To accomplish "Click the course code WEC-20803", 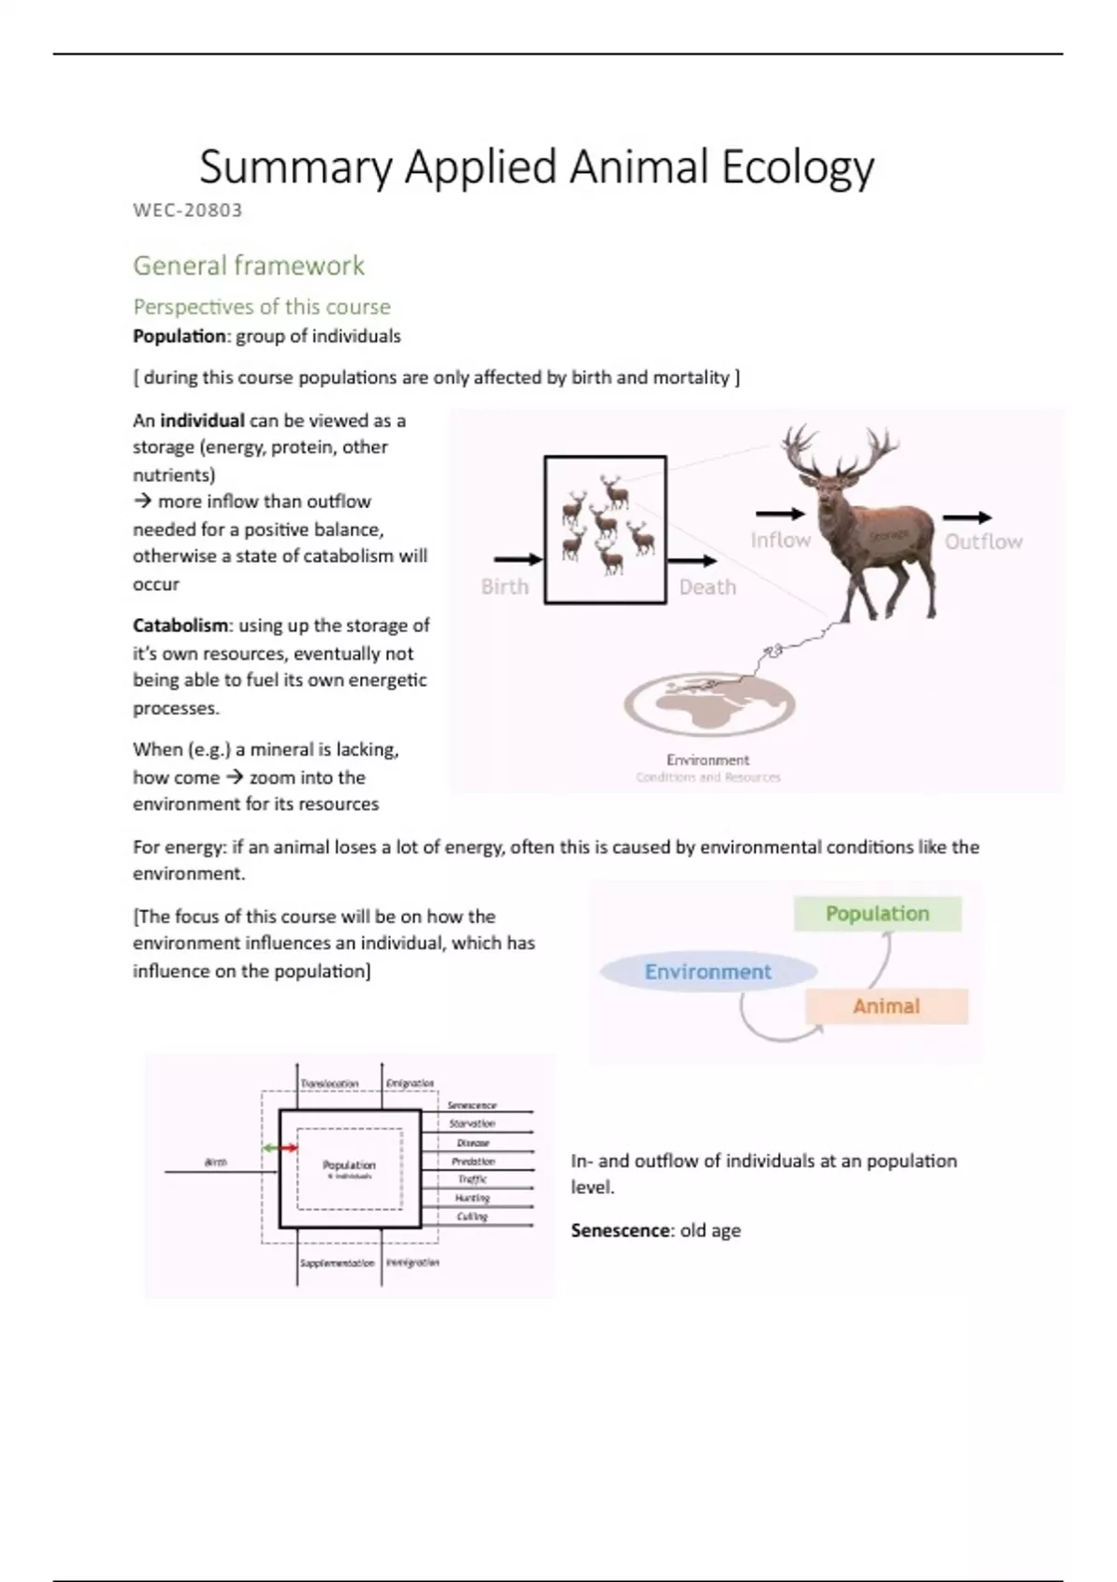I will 187,210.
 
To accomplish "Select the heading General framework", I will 249,265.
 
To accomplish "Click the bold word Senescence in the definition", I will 620,1230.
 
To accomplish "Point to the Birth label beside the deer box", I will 505,586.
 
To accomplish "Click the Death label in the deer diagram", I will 707,587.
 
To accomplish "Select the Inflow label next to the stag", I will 780,540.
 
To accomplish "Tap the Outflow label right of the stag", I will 983,542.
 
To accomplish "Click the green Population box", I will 877,914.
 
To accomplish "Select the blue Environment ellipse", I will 707,972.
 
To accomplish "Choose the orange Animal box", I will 886,1006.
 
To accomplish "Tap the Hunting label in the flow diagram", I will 472,1198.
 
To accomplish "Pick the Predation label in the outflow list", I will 473,1161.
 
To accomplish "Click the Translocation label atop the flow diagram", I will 330,1084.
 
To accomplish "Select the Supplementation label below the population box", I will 337,1263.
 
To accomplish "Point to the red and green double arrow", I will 280,1148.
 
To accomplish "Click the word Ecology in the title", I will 798,168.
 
